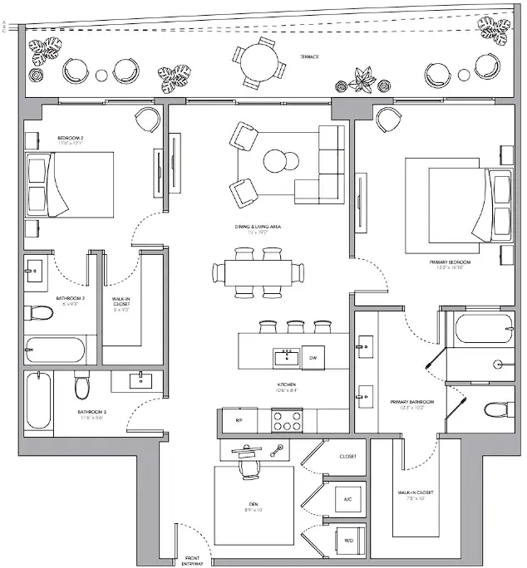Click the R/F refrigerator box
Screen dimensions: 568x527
click(238, 421)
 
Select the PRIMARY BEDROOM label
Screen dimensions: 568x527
click(453, 262)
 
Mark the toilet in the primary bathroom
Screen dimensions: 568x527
click(496, 410)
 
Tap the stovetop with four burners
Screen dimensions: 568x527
click(287, 420)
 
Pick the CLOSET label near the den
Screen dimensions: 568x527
click(347, 457)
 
